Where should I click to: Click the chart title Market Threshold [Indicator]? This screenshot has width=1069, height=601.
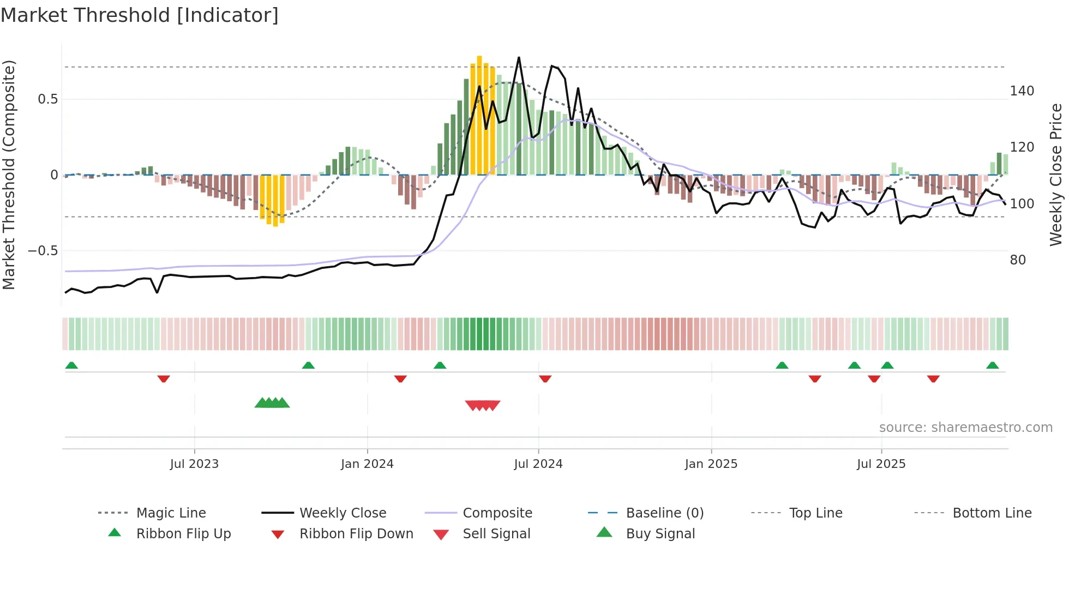(140, 15)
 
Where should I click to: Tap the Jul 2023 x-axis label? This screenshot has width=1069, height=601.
(194, 464)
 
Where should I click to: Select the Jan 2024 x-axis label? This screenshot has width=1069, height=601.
(367, 464)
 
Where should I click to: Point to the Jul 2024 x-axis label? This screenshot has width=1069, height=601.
(538, 464)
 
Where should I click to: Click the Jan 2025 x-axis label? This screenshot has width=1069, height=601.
(711, 464)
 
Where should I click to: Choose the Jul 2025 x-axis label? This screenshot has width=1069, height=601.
(881, 464)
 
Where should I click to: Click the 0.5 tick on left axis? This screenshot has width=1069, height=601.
(48, 99)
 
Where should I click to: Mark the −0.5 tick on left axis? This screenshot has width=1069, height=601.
(43, 251)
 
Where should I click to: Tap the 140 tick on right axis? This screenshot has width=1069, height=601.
(1022, 91)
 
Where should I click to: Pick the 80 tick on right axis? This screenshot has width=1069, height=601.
(1018, 260)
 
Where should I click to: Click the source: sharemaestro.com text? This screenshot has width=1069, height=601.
(965, 428)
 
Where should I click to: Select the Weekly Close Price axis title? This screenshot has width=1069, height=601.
(1056, 175)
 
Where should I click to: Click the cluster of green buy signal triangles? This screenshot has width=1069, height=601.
(272, 403)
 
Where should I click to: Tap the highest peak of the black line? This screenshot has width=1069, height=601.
(519, 57)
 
